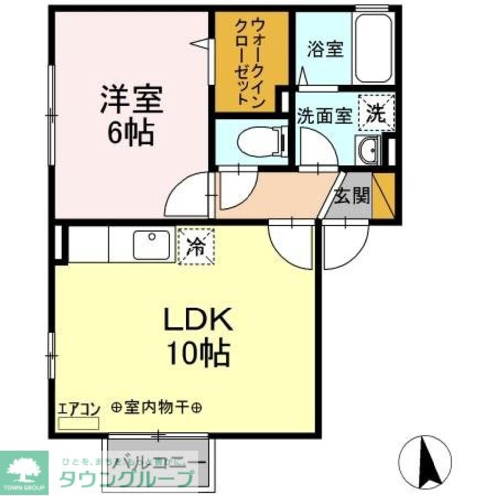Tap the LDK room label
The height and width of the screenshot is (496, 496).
click(x=198, y=321)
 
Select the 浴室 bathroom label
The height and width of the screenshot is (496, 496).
click(x=325, y=50)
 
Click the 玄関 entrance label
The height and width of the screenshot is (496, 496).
click(x=352, y=197)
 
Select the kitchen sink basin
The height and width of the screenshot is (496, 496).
click(x=152, y=245)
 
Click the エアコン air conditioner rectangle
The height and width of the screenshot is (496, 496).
click(x=79, y=423)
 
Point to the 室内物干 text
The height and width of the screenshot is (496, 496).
click(x=157, y=408)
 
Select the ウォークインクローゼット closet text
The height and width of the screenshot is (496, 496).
click(x=250, y=60)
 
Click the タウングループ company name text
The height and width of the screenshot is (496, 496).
click(x=126, y=478)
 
